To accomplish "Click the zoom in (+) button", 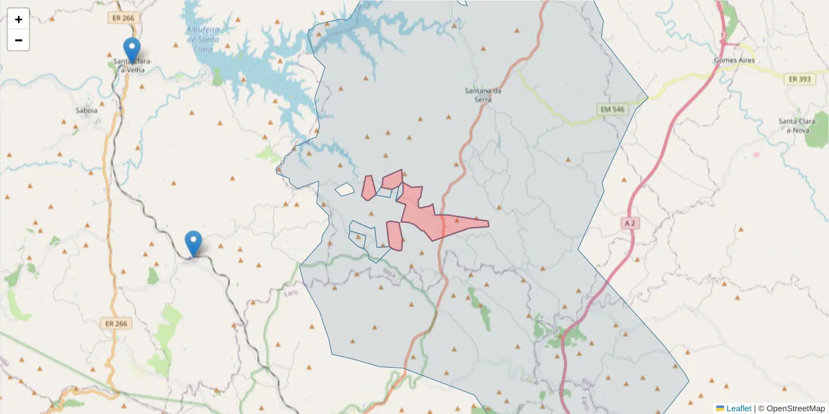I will [x=18, y=19].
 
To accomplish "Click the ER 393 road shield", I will [x=799, y=79].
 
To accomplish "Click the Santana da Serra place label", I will [x=482, y=95].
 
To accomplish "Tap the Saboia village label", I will [x=86, y=110].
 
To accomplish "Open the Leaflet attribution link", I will [x=738, y=408].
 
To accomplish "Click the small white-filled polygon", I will [x=344, y=189].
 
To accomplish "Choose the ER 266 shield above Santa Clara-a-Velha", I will [x=122, y=19].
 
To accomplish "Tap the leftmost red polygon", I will [x=368, y=188].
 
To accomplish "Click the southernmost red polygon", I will [x=394, y=236].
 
